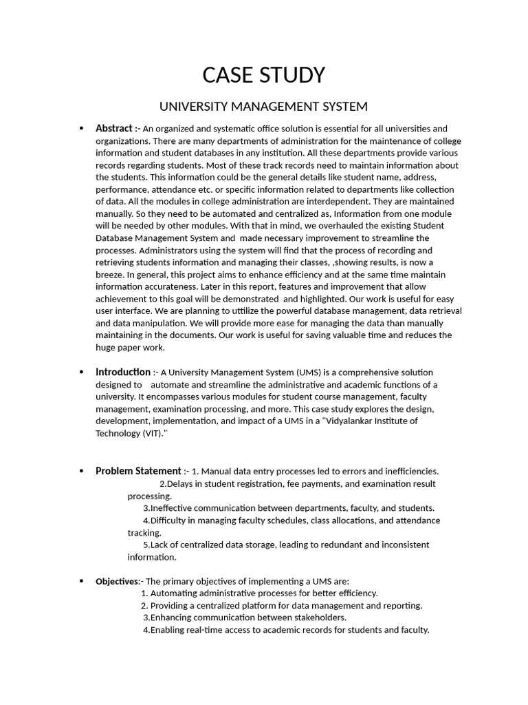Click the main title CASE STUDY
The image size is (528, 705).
263,75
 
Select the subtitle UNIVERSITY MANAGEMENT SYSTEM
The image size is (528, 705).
263,107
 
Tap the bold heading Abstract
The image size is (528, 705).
113,129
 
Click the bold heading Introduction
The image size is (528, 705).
123,372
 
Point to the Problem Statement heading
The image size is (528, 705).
138,472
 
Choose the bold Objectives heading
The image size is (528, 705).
117,582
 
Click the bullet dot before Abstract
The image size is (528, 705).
82,129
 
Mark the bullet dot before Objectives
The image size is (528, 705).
82,582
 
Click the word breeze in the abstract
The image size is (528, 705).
110,275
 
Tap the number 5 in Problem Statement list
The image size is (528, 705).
146,545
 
